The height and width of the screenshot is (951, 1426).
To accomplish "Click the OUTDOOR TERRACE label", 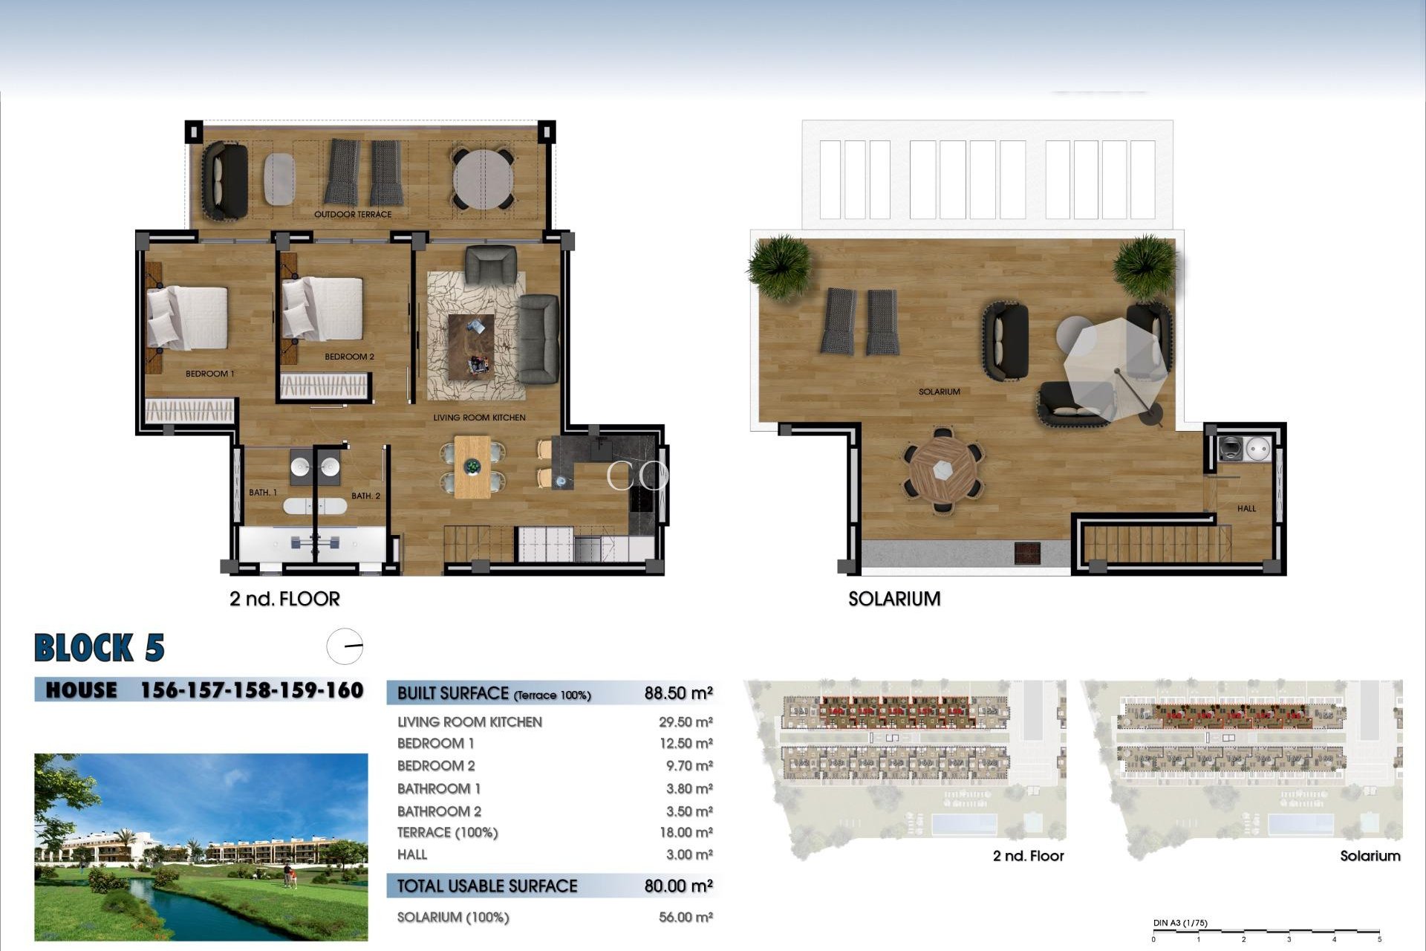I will pyautogui.click(x=352, y=215).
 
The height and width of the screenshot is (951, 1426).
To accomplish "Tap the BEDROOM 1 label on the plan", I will pyautogui.click(x=209, y=374).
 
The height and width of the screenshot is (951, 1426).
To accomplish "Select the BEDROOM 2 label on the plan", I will pyautogui.click(x=349, y=357).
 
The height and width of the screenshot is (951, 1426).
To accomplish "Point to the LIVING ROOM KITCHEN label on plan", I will pyautogui.click(x=479, y=418).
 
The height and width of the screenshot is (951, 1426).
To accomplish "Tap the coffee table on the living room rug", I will pyautogui.click(x=471, y=347).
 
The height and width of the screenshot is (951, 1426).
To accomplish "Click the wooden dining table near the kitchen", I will pyautogui.click(x=472, y=467).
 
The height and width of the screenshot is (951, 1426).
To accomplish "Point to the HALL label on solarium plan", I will pyautogui.click(x=1246, y=509).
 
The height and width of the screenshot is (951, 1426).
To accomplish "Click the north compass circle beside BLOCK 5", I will pyautogui.click(x=345, y=646).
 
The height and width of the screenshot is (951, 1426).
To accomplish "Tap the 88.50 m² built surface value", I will pyautogui.click(x=678, y=693).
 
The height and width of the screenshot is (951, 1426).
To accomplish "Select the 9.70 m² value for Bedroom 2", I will pyautogui.click(x=686, y=766).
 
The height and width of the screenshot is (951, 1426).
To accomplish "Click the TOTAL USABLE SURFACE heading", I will pyautogui.click(x=486, y=886).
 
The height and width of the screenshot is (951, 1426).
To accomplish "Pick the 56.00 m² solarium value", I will pyautogui.click(x=686, y=918).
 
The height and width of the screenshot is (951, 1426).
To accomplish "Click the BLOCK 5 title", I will pyautogui.click(x=100, y=648).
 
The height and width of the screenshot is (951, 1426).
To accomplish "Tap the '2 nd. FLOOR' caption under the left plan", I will pyautogui.click(x=284, y=599).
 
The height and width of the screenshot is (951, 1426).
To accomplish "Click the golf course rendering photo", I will pyautogui.click(x=201, y=847).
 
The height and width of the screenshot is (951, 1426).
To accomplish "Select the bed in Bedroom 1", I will pyautogui.click(x=187, y=317).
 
